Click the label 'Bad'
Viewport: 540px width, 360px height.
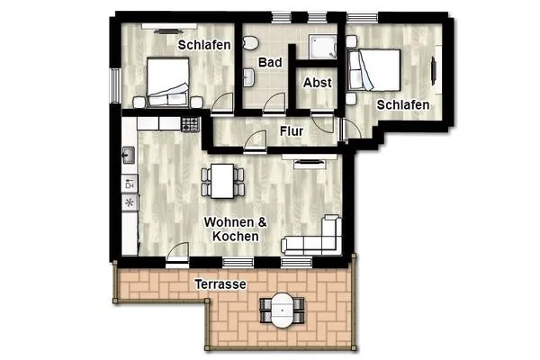tap(270, 62)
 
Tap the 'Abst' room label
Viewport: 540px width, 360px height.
tap(317, 82)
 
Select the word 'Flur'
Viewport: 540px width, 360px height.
tap(291, 131)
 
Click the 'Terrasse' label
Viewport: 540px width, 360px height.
tap(220, 283)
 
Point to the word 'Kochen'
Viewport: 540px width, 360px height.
tap(236, 236)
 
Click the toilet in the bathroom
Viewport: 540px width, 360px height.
tap(256, 42)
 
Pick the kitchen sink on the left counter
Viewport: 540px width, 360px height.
tap(128, 155)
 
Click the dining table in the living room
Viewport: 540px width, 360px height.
tap(221, 180)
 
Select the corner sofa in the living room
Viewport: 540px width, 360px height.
tap(314, 237)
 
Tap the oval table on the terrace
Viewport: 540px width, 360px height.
tap(283, 311)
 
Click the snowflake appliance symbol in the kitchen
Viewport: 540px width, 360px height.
tap(128, 202)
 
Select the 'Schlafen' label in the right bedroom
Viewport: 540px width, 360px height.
tap(402, 105)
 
